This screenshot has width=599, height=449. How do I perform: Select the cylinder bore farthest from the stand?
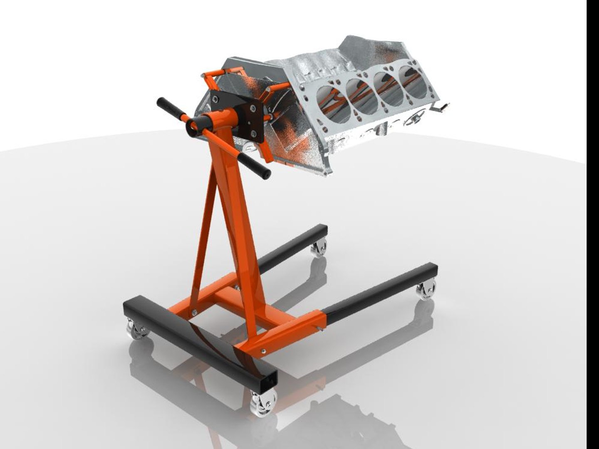[413, 78]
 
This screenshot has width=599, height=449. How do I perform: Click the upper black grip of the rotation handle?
[168, 107]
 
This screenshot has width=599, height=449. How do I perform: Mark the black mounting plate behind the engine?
[239, 116]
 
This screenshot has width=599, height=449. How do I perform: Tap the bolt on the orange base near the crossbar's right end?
[263, 351]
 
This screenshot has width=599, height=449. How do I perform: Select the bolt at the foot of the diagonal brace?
[194, 312]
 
